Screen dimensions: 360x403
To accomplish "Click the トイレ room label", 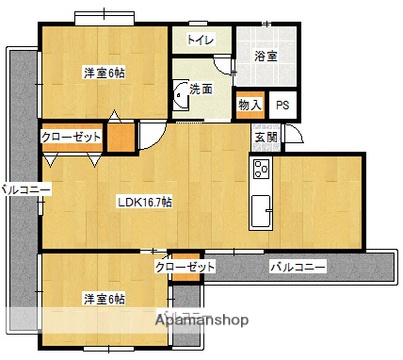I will (199, 39).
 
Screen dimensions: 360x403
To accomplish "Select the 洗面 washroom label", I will (201, 89).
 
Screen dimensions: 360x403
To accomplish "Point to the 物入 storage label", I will (249, 104).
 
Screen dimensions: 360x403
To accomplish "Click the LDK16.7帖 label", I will (144, 202).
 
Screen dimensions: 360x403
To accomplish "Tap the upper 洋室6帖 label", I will (103, 71).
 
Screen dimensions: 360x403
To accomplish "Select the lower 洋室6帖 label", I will (104, 299).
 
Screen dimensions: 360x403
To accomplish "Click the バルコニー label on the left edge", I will (19, 188).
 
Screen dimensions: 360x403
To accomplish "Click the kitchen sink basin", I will (262, 210).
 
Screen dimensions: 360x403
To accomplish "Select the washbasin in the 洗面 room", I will (180, 93).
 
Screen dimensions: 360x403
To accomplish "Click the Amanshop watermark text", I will (201, 320).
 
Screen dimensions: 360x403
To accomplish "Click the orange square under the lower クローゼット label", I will (179, 284).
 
